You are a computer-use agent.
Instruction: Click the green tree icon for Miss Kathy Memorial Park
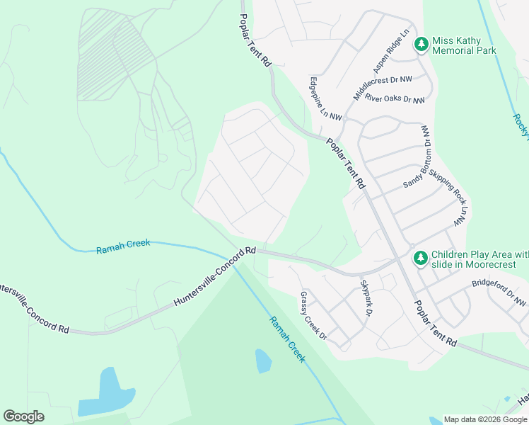[x=422, y=45]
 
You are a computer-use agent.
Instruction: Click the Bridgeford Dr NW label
[x=499, y=293]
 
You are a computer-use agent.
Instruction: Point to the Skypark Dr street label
[x=366, y=297]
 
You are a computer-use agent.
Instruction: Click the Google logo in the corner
[x=23, y=416]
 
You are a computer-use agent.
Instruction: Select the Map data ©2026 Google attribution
[x=486, y=419]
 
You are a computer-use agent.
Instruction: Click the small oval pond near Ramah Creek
[x=262, y=361]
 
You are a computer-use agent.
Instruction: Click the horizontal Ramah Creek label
[x=123, y=243]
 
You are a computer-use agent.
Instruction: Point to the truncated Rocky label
[x=521, y=125]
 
